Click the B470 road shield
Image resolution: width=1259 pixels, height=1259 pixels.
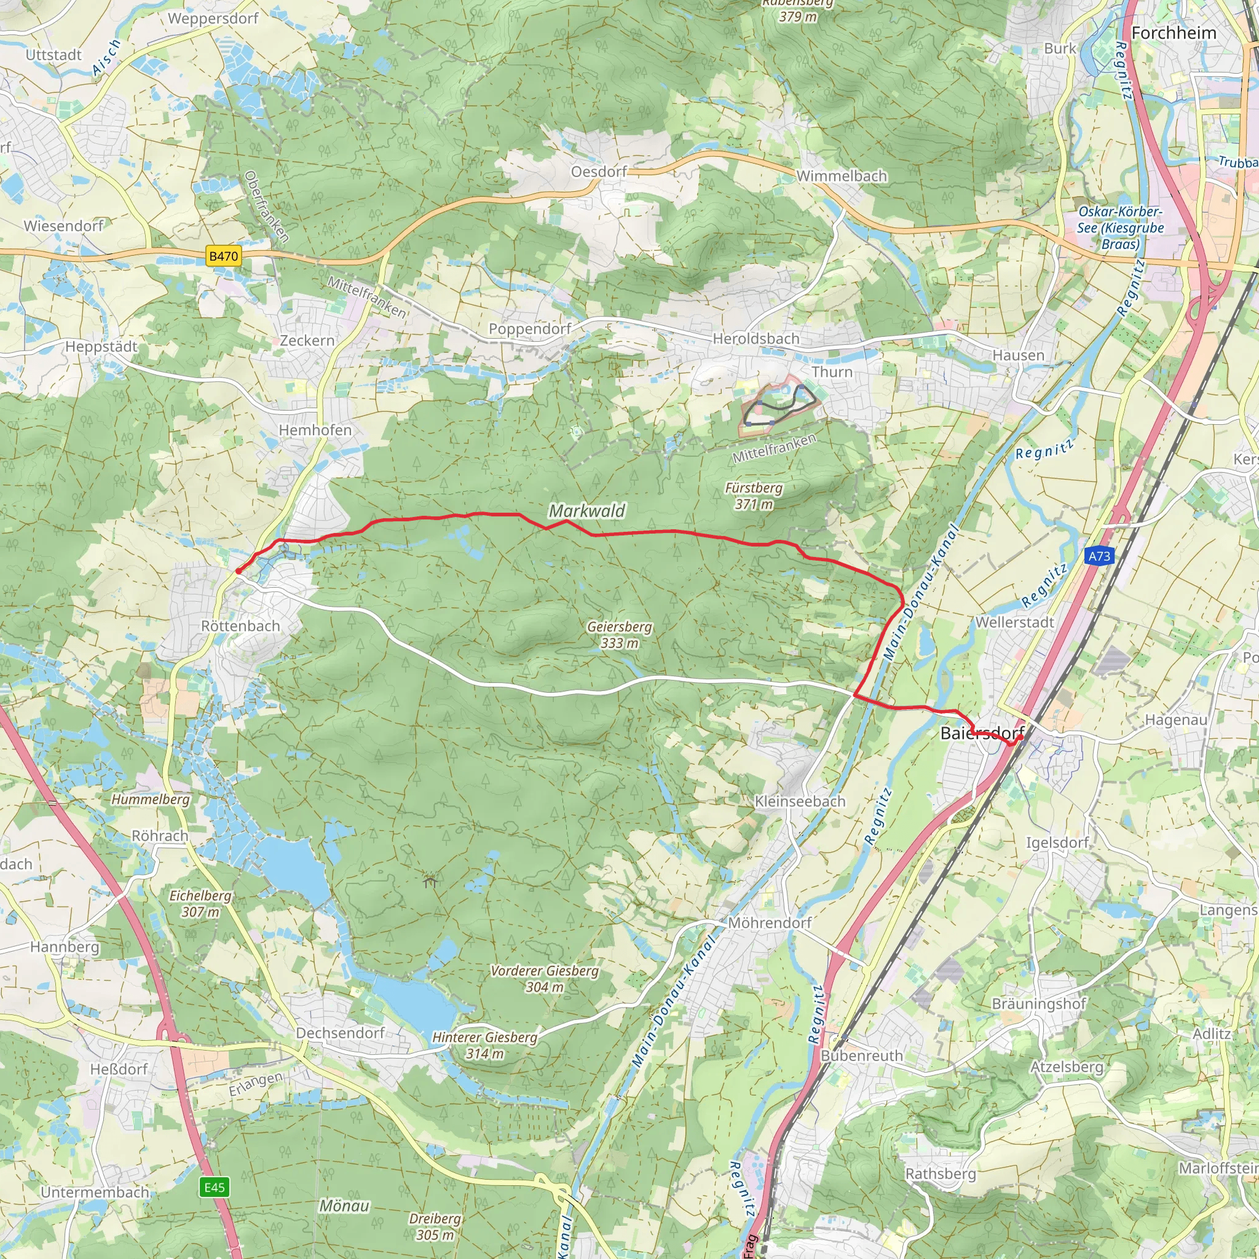coord(224,256)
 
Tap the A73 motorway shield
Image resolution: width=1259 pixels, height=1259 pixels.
coord(1099,556)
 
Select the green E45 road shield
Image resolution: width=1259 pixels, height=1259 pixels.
coord(215,1186)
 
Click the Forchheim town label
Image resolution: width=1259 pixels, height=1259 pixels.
coord(1174,33)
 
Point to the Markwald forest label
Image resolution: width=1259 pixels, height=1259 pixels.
coord(586,511)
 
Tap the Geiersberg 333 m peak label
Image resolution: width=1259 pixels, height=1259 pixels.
coord(619,634)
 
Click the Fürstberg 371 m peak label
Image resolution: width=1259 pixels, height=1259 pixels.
coord(753,495)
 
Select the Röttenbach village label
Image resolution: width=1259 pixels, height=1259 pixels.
coord(240,626)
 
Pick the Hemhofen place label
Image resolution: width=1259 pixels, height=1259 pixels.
coord(315,430)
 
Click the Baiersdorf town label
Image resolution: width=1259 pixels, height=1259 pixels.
coord(982,733)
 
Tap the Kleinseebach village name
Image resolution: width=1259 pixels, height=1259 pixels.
coord(800,802)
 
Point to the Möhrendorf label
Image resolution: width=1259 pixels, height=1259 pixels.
coord(770,923)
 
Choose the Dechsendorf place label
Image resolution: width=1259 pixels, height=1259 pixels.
coord(340,1033)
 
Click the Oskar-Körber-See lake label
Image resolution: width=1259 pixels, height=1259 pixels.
coord(1120,228)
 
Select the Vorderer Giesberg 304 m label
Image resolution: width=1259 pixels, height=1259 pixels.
coord(544,979)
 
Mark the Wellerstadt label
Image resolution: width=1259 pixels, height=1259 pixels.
coord(1014,622)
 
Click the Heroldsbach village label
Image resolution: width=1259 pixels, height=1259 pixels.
coord(756,339)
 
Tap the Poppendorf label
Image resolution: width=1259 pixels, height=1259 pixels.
coord(530,329)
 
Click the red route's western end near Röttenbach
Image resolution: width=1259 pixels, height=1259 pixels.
coord(238,571)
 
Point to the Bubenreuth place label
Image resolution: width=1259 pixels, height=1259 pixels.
coord(861,1056)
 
